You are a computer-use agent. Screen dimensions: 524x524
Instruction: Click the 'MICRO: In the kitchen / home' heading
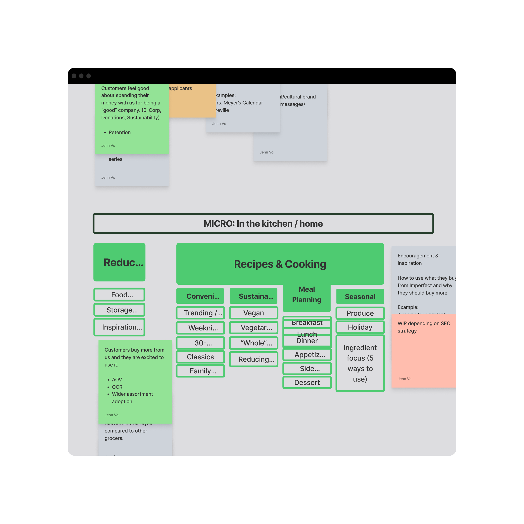pos(263,224)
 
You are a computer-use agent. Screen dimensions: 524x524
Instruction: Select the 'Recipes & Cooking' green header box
pos(280,264)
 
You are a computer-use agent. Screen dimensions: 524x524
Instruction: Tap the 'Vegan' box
pos(253,313)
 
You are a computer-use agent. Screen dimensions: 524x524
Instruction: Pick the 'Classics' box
pos(200,357)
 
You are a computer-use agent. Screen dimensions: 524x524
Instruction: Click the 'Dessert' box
pos(307,383)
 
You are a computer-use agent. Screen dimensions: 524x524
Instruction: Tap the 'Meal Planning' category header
pos(307,295)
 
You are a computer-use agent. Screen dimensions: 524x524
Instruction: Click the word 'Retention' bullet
pos(119,132)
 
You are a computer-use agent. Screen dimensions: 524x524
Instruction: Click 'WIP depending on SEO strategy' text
pos(424,327)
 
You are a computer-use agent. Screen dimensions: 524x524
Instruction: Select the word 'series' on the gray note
pos(115,159)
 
